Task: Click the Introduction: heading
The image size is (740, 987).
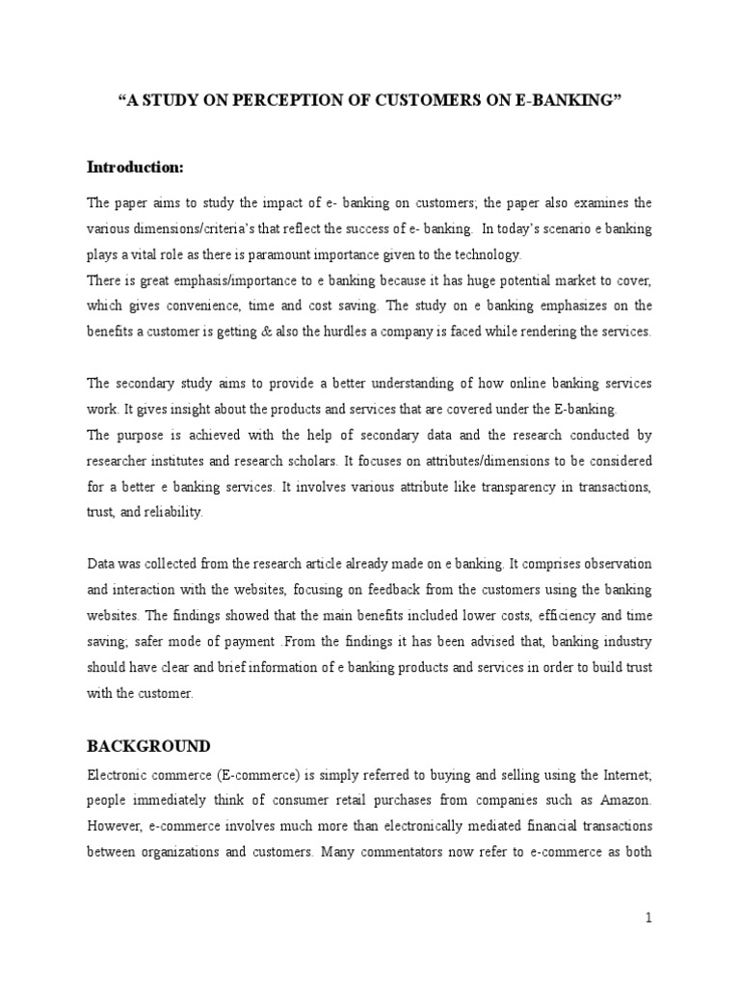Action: click(135, 168)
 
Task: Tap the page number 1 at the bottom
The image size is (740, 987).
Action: click(649, 919)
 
